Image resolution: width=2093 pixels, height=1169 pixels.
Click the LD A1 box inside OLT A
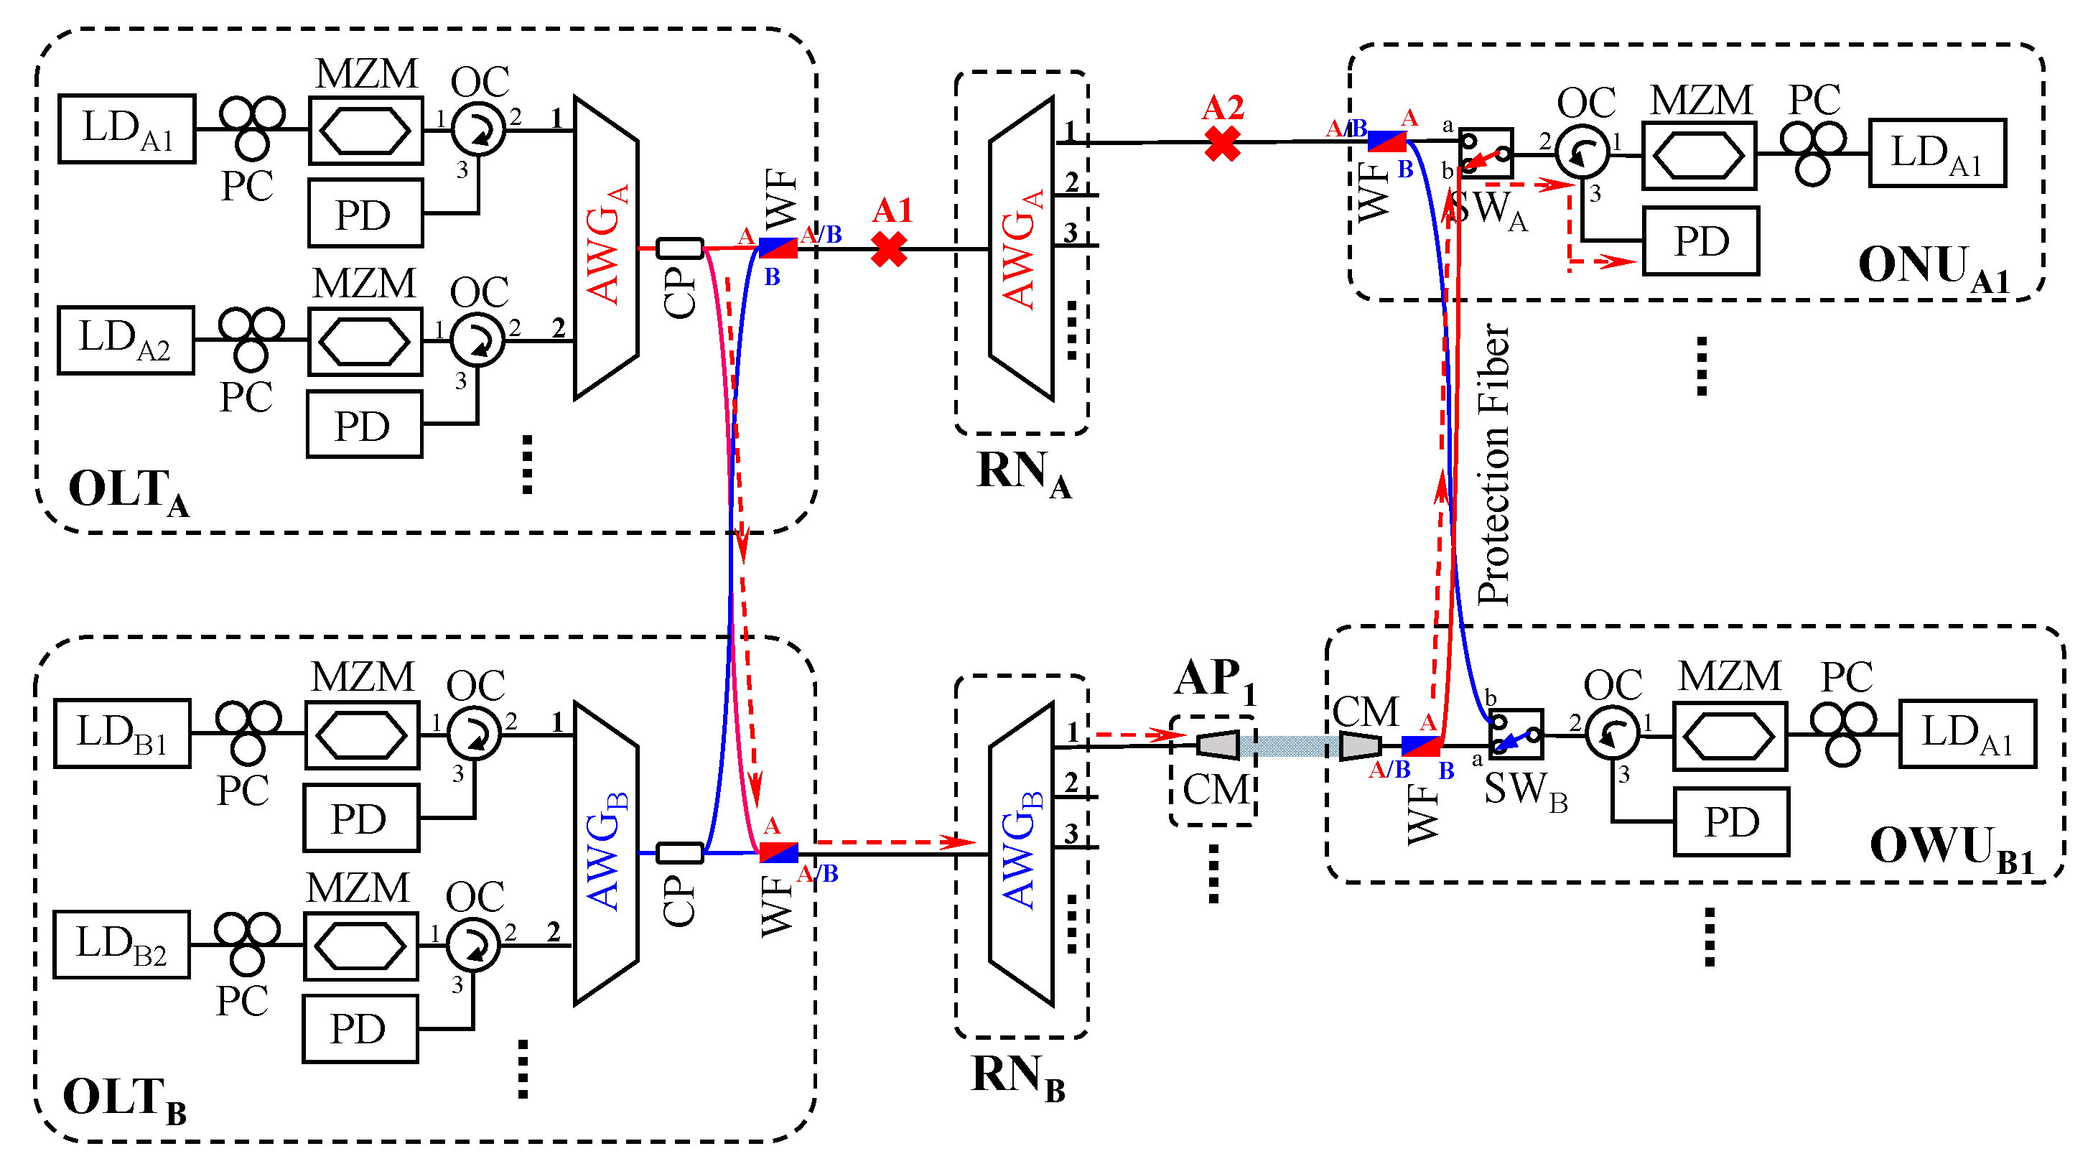point(127,129)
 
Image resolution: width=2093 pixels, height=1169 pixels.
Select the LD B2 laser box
point(122,944)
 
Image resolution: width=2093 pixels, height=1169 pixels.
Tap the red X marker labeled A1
point(889,249)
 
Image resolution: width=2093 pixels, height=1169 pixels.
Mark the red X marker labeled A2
point(1222,144)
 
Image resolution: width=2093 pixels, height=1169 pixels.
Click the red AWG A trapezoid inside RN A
point(1021,248)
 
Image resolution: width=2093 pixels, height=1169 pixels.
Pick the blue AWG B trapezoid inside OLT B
point(606,853)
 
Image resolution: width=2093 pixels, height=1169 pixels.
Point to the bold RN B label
point(1018,1077)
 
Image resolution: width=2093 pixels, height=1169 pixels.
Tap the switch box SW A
point(1486,153)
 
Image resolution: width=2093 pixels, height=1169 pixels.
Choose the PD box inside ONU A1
point(1702,241)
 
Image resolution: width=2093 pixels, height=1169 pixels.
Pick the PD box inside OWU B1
point(1731,822)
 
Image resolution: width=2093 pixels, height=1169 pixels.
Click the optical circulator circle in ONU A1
point(1582,151)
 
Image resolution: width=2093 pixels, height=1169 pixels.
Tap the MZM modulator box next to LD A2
point(365,341)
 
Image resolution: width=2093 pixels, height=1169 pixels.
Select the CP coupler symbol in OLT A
point(679,248)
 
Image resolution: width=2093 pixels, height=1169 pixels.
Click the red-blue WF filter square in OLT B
point(778,852)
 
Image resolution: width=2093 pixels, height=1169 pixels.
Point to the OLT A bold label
point(129,491)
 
